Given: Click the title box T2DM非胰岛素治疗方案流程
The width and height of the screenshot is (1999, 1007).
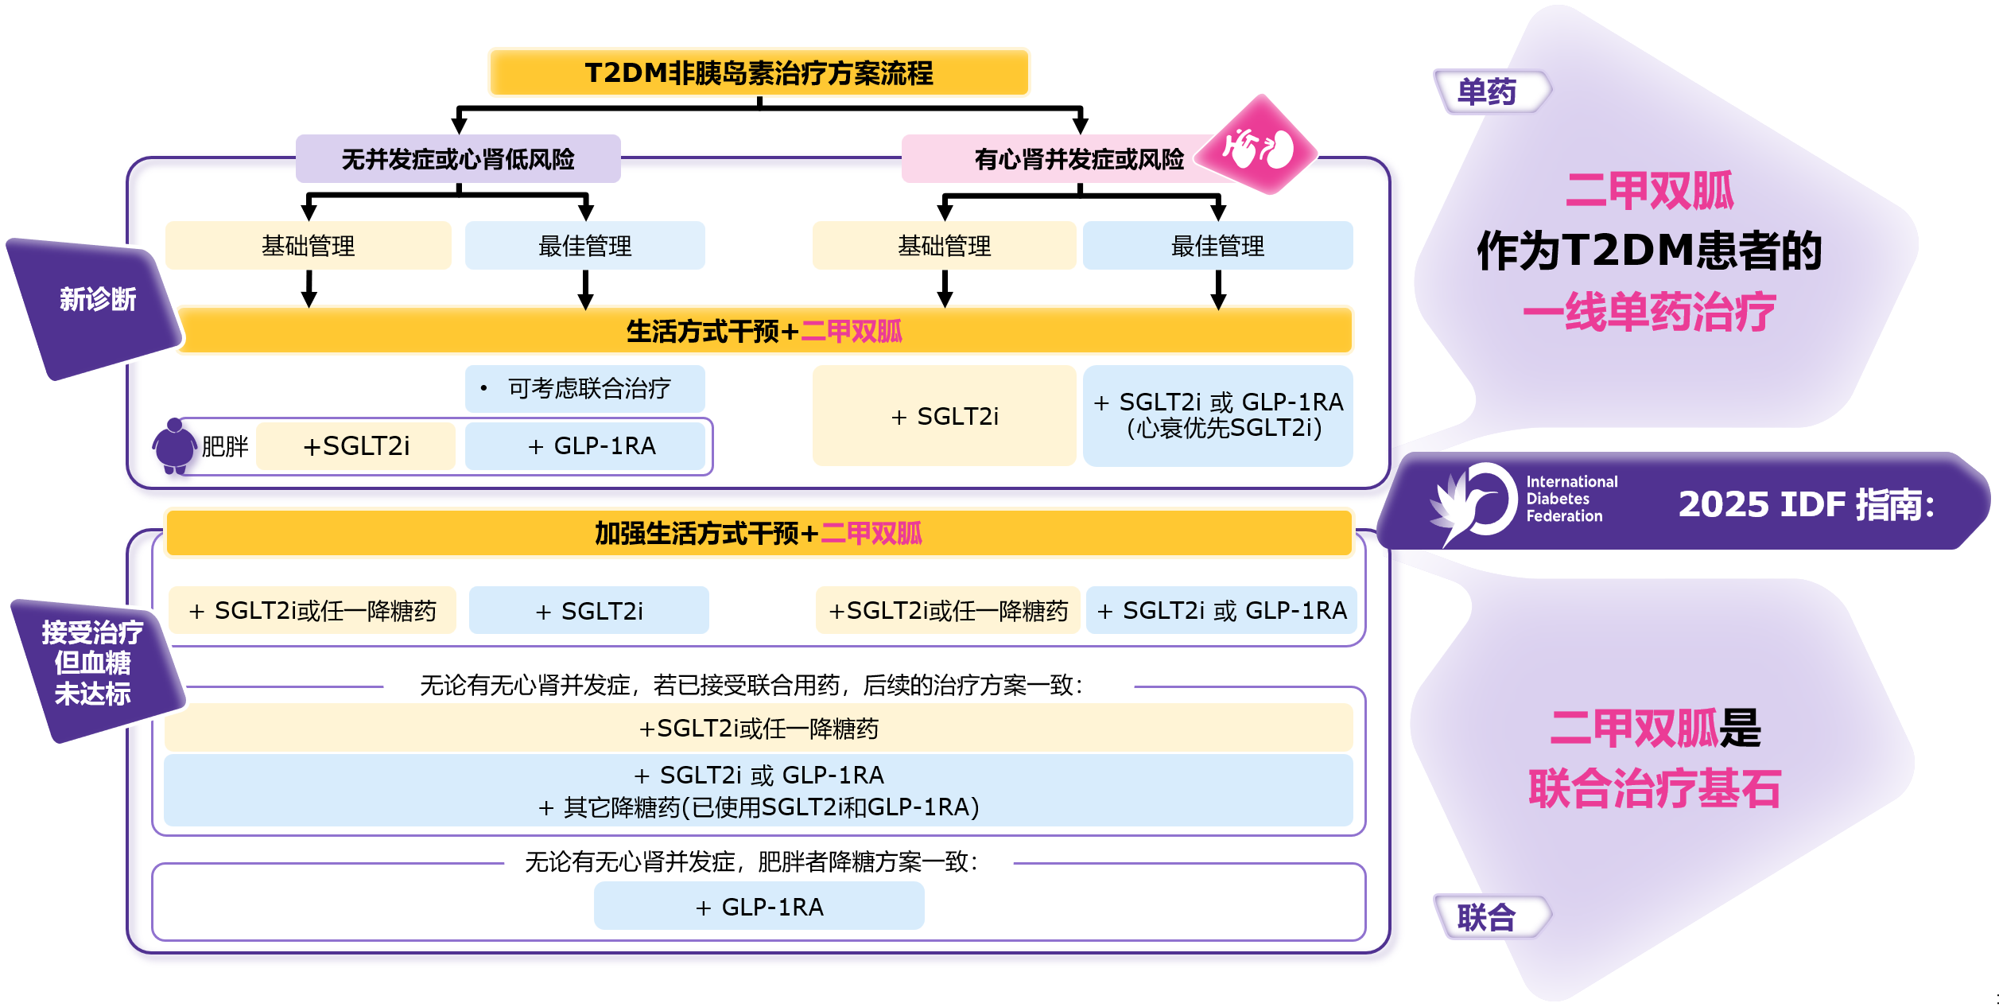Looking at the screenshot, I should pos(759,72).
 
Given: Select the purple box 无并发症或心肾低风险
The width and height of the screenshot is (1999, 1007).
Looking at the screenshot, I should pos(458,159).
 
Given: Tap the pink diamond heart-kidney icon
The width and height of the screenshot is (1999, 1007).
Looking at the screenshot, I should pos(1258,146).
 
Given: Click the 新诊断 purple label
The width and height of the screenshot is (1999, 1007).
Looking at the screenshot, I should pos(96,301).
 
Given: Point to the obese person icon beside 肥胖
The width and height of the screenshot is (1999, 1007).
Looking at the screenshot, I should pos(174,446).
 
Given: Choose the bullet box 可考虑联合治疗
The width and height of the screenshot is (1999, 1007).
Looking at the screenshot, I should pos(584,388).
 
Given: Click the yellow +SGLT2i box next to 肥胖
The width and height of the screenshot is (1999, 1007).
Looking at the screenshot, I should pos(355,446).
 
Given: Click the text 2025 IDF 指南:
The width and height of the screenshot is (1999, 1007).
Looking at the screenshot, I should pos(1805,504).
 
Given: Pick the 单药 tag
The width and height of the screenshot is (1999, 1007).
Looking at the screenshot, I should pos(1487,92).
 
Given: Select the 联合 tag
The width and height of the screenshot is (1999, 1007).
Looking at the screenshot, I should pos(1487,917).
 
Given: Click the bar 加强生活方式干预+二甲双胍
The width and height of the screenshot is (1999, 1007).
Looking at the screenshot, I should pos(759,533).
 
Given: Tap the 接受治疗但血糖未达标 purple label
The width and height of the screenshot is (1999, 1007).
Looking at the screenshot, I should pos(93,663).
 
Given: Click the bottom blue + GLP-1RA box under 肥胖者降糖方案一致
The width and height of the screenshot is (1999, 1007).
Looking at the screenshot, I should pos(759,906).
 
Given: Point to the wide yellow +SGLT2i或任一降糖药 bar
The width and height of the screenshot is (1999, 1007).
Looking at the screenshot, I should pos(759,728).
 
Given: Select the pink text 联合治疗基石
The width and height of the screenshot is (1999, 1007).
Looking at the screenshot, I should pos(1654,788).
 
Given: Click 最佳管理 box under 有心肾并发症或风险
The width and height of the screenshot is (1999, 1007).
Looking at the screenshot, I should pos(1217,246).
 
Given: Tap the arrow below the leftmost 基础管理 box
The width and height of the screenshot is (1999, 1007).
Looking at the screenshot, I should pos(309,289).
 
